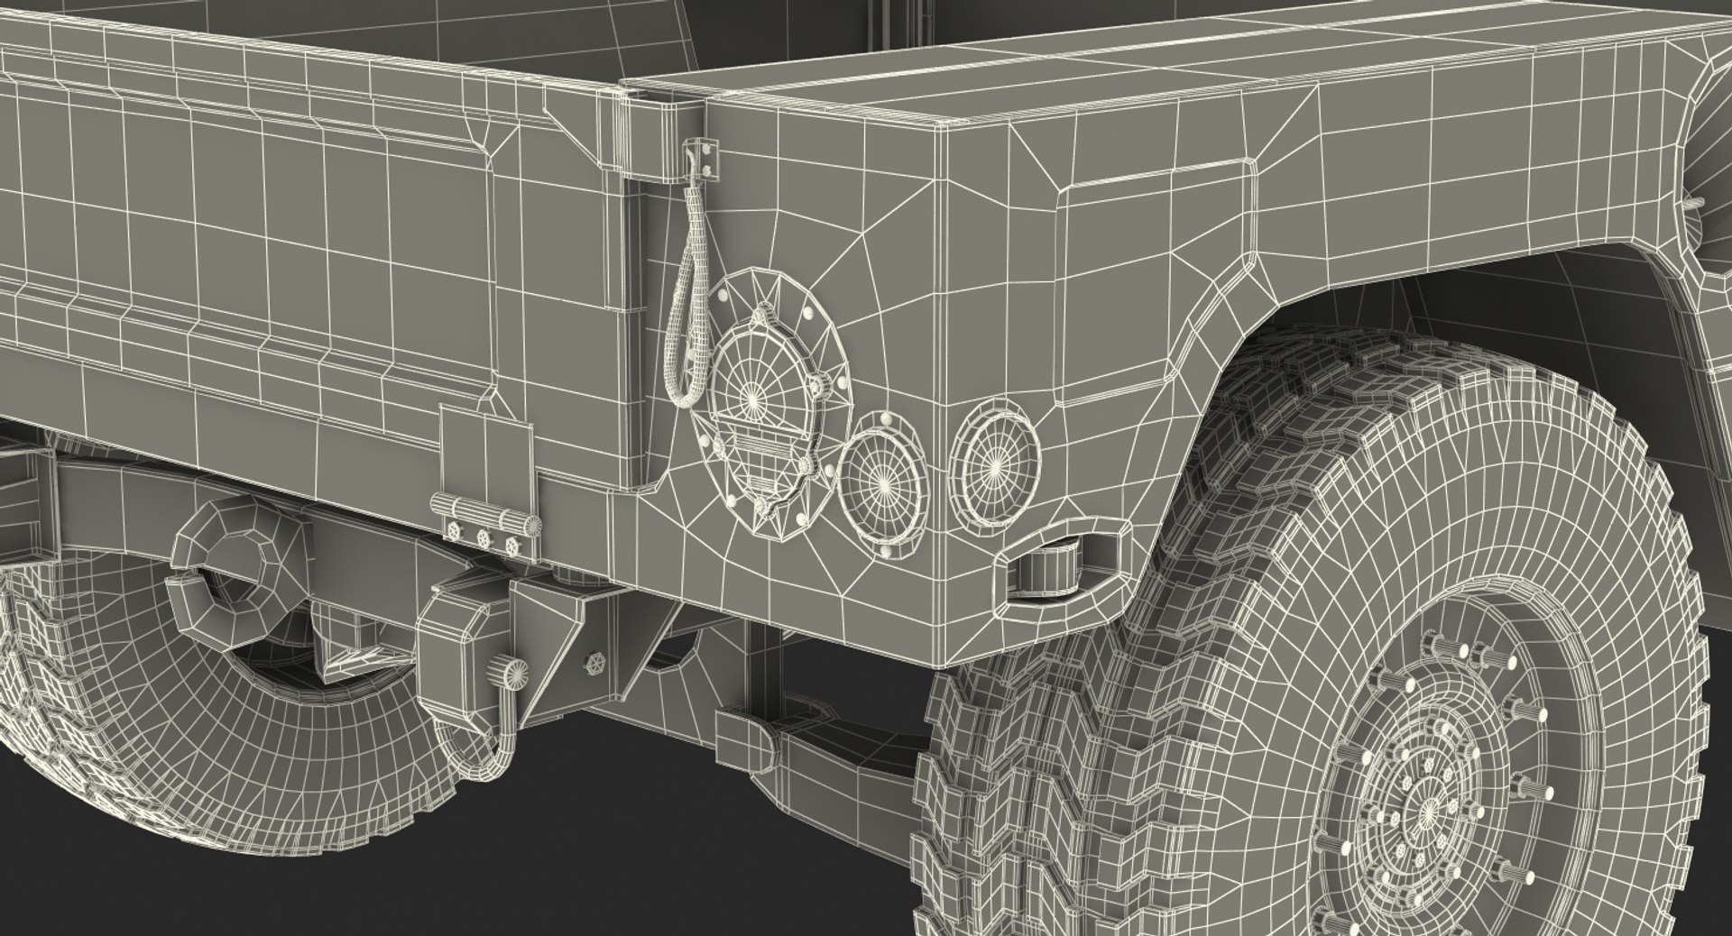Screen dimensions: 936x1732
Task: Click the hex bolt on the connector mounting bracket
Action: [x=596, y=663]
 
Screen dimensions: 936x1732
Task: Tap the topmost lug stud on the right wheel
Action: [x=1432, y=646]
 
